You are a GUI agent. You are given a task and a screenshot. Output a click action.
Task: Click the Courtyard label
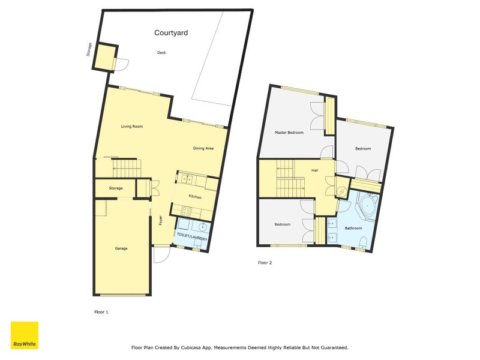tap(171, 33)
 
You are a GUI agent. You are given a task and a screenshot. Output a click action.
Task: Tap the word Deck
tap(161, 53)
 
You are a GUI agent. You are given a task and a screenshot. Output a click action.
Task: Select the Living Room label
tap(132, 127)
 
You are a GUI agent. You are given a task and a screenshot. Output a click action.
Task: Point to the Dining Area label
tap(203, 149)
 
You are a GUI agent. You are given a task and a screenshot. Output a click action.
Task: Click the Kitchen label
tap(195, 197)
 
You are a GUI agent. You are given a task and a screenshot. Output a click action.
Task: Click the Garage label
tap(121, 248)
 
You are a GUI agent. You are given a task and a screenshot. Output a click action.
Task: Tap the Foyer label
tap(161, 220)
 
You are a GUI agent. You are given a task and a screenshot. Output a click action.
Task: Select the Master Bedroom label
tap(289, 133)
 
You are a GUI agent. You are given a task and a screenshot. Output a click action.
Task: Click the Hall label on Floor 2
tap(314, 170)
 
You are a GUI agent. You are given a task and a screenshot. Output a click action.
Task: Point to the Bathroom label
tap(353, 228)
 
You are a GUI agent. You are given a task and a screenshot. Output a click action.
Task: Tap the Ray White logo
tap(25, 335)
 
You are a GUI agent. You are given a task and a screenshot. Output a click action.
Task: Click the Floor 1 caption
tap(101, 312)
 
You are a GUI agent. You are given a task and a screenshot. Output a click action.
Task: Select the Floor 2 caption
tap(265, 263)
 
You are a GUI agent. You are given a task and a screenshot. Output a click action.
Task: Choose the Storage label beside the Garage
tap(116, 188)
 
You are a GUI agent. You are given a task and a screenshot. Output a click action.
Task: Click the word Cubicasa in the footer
tap(206, 347)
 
